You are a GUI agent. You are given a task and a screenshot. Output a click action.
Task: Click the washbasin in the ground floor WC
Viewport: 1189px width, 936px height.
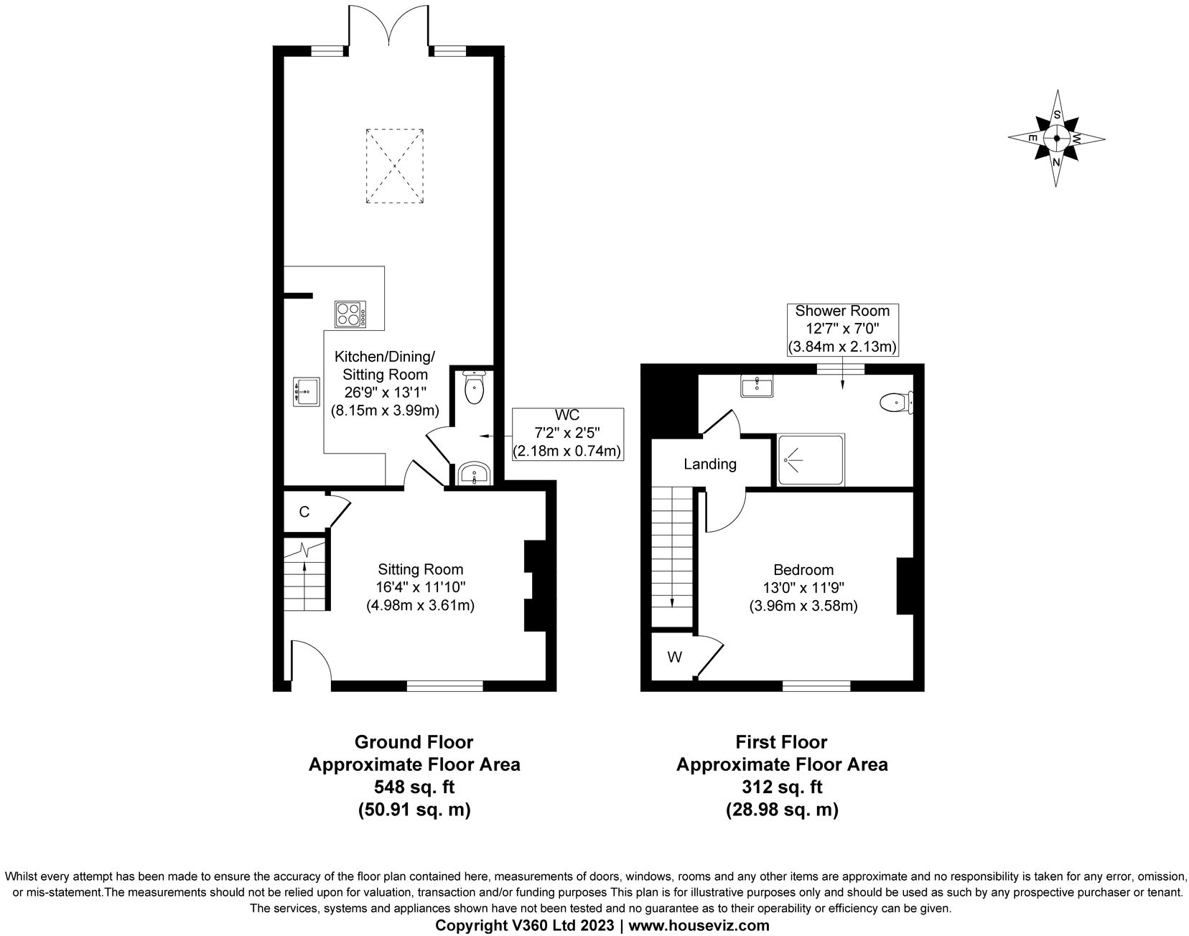point(475,474)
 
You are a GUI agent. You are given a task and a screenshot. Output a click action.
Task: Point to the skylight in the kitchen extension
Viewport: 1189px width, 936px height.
point(394,166)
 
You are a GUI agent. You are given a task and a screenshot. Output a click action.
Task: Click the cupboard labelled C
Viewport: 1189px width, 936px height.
point(304,512)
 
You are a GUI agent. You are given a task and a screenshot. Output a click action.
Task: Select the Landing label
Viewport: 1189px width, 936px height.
point(709,464)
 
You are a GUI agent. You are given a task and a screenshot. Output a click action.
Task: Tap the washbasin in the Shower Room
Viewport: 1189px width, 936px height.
point(757,388)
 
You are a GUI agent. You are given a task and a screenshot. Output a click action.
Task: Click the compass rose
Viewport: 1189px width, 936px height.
point(1056,139)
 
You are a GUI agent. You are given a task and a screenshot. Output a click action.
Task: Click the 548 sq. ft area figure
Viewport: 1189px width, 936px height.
point(414,787)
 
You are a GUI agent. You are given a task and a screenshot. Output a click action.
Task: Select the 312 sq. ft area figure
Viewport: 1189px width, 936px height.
point(782,787)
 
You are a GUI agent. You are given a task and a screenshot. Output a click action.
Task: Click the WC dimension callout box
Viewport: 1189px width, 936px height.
point(566,434)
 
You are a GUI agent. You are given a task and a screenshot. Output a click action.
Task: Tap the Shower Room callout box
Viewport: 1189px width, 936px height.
point(842,329)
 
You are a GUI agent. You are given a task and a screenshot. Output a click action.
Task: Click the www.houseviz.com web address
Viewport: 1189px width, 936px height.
point(698,925)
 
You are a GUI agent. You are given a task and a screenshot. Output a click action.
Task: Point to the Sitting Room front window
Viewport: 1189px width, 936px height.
point(444,685)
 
